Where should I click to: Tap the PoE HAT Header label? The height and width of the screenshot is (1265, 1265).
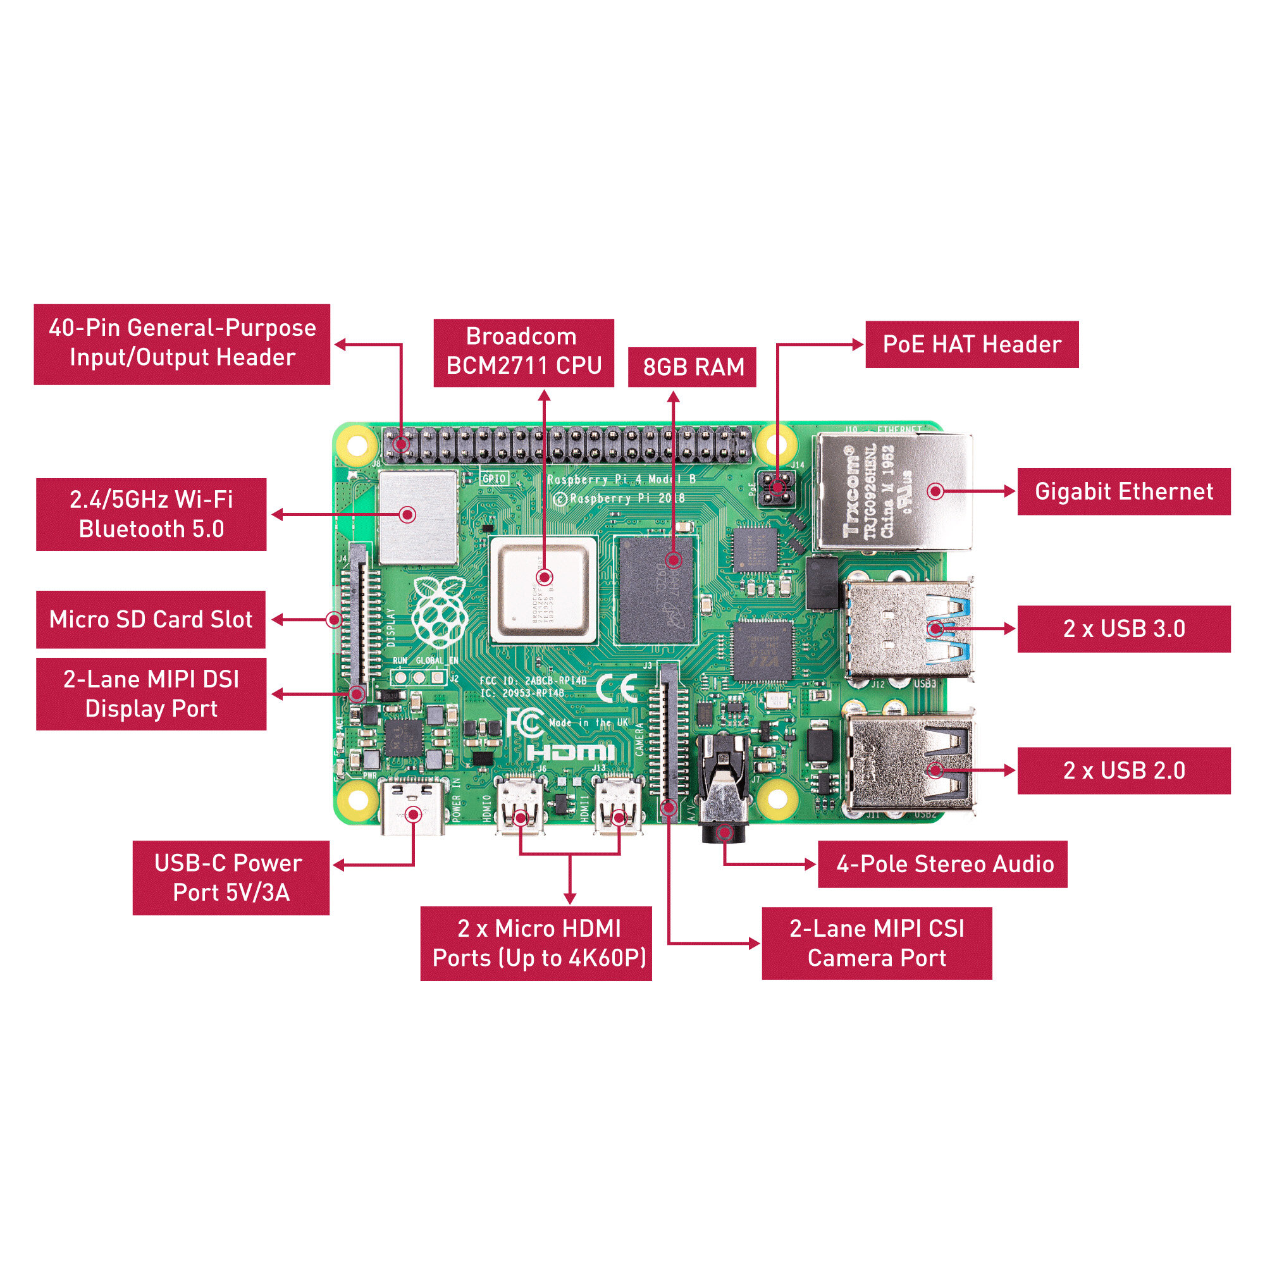click(x=972, y=345)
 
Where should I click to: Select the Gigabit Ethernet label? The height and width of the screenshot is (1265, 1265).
click(x=1123, y=491)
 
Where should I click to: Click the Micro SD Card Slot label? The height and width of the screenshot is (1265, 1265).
click(x=151, y=619)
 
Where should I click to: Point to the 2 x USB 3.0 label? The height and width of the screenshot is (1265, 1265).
click(x=1123, y=629)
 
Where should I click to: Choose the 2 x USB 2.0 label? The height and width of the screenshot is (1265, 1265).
click(x=1123, y=770)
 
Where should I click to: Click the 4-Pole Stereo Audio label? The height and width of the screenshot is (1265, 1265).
click(x=943, y=864)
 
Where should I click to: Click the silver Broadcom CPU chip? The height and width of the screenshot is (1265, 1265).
click(x=543, y=589)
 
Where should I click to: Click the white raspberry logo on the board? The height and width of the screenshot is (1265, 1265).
click(x=440, y=612)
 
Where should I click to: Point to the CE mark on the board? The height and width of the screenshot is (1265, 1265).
click(x=617, y=688)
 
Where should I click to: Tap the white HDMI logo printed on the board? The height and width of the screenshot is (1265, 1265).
click(x=571, y=753)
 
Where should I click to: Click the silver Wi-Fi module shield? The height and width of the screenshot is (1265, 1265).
click(x=418, y=517)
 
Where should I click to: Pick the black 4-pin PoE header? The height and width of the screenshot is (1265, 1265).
click(x=777, y=488)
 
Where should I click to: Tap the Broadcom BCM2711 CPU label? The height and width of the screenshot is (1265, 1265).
click(x=523, y=352)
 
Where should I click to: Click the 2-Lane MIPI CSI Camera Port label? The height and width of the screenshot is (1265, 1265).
click(x=877, y=944)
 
